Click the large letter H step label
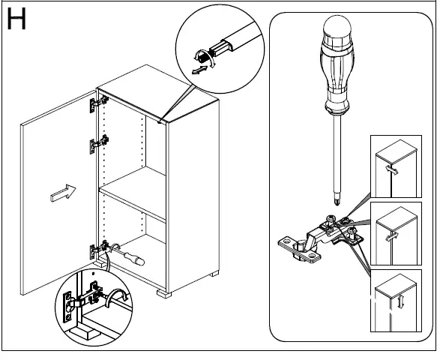point(16,19)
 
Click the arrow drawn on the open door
point(63,193)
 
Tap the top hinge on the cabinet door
point(99,104)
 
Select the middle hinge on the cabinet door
point(99,144)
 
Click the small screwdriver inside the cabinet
point(127,255)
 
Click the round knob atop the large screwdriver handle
point(337,27)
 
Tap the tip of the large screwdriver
point(337,202)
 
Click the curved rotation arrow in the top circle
point(205,57)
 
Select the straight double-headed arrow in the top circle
point(199,70)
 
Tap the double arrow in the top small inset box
point(392,170)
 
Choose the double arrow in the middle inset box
point(392,237)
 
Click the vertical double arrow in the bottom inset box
point(401,301)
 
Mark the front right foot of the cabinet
point(164,293)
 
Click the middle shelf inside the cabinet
point(133,193)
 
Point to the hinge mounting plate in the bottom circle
point(67,307)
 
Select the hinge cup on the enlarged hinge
point(301,246)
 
